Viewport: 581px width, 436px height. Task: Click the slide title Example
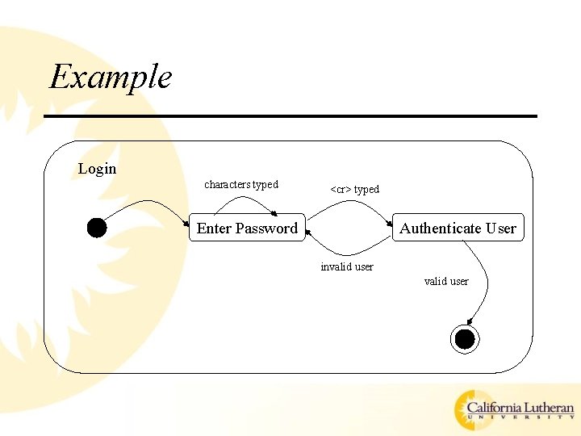pyautogui.click(x=111, y=78)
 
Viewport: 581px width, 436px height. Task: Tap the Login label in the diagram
pyautogui.click(x=97, y=169)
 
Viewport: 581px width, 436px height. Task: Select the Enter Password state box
pyautogui.click(x=246, y=228)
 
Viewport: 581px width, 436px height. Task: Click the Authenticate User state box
pyautogui.click(x=458, y=228)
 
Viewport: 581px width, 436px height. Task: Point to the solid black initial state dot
pyautogui.click(x=97, y=228)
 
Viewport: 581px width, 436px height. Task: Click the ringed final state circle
pyautogui.click(x=465, y=340)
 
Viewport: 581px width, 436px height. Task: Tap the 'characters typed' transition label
pyautogui.click(x=240, y=185)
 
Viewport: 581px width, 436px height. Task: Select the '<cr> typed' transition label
pyautogui.click(x=354, y=190)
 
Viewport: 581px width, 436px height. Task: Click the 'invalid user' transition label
pyautogui.click(x=346, y=267)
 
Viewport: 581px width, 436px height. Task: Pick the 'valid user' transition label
pyautogui.click(x=446, y=282)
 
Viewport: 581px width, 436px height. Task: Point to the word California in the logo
pyautogui.click(x=493, y=409)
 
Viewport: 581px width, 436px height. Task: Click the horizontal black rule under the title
pyautogui.click(x=290, y=116)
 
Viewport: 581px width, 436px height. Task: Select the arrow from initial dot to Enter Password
pyautogui.click(x=145, y=203)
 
